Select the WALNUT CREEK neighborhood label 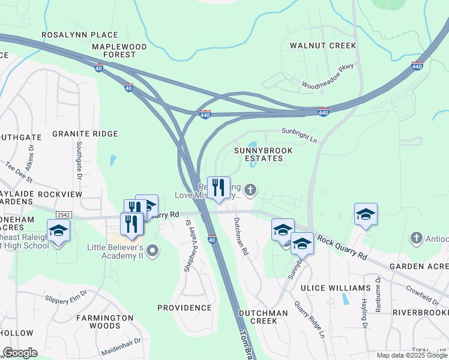tap(323, 46)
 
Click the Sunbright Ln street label tap(299, 135)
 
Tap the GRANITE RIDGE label tap(85, 134)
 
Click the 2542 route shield tap(64, 214)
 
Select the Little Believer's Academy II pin tap(153, 251)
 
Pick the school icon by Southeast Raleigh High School tap(59, 230)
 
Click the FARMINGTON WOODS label tap(104, 322)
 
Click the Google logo tap(20, 353)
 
